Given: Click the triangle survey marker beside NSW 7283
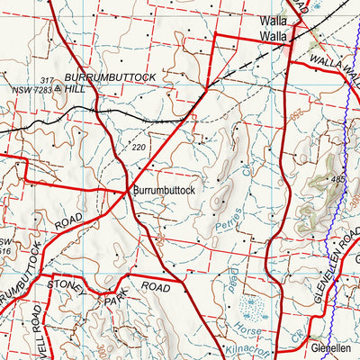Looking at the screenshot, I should (x=59, y=89).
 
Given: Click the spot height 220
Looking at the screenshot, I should (x=138, y=147).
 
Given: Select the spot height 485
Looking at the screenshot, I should (x=337, y=181).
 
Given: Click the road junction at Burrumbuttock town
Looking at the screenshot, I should (x=125, y=191).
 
